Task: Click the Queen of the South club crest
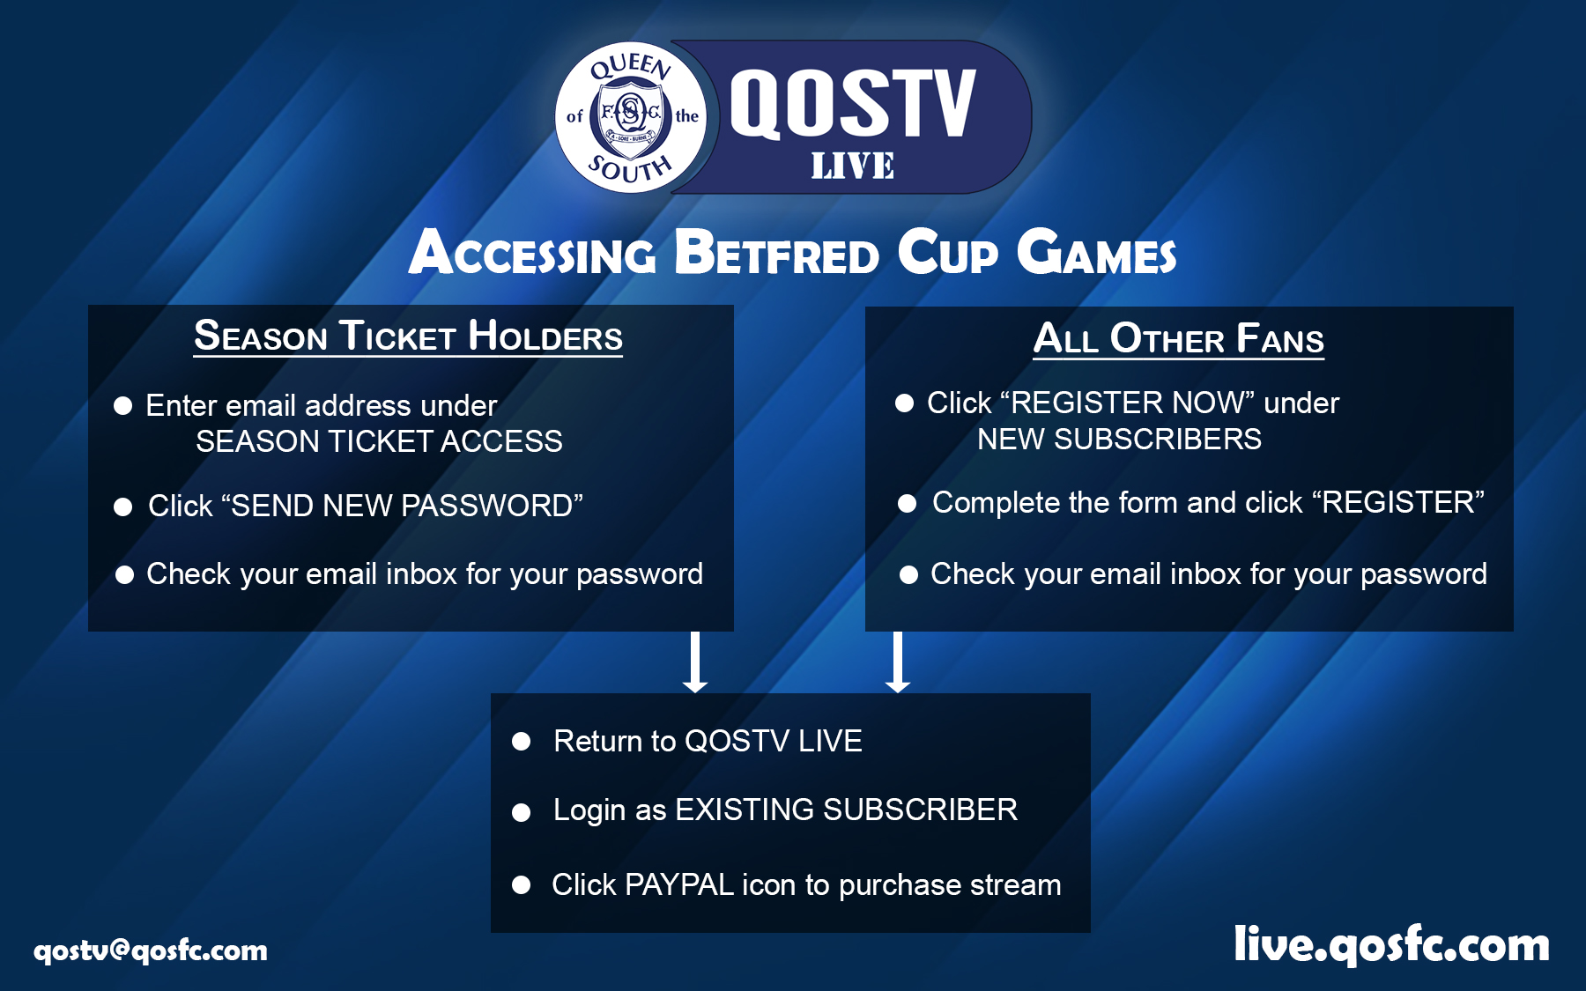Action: click(631, 117)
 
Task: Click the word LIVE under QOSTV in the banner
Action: click(852, 166)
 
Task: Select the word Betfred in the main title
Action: click(776, 253)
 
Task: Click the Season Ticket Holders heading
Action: click(408, 336)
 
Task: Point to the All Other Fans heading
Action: click(1178, 338)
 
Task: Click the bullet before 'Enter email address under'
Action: click(123, 405)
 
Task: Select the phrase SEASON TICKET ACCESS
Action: click(379, 441)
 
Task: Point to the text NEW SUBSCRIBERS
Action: click(1119, 439)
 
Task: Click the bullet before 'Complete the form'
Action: click(907, 503)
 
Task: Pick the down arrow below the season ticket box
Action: click(695, 662)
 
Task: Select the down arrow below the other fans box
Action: click(898, 662)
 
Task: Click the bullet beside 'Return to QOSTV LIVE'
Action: click(522, 742)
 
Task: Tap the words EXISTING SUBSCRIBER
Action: click(847, 810)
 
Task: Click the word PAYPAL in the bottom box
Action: click(679, 884)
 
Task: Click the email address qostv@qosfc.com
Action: click(151, 950)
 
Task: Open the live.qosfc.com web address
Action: click(1391, 944)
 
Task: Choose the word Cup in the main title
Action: click(948, 253)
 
